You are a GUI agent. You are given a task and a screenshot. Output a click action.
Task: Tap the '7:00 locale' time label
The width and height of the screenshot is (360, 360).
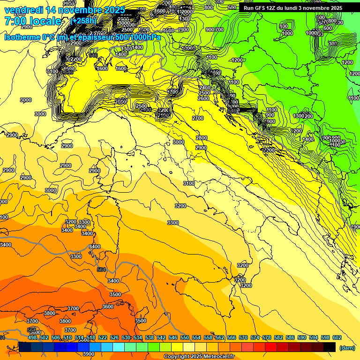pos(33,21)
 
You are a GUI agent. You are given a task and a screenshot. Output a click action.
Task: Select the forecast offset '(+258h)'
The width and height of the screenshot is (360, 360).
pos(83,21)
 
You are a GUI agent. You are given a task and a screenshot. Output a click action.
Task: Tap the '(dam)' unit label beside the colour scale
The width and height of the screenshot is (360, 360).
pos(347,347)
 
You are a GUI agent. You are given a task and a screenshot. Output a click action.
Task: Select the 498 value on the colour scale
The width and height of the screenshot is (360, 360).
pos(32,337)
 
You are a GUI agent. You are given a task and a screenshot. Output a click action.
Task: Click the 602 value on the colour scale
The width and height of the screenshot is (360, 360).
pos(337,337)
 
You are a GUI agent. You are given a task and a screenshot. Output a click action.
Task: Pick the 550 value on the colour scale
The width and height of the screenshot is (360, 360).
pos(185,337)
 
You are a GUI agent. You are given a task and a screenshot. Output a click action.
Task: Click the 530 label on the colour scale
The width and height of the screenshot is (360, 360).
pos(126,337)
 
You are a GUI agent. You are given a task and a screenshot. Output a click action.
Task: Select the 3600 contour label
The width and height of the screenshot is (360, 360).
pos(108,307)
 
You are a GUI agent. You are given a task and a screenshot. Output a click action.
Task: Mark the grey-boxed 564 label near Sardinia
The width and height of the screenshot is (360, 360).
pos(101,270)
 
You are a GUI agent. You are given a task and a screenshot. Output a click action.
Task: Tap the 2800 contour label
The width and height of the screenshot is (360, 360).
pos(201,138)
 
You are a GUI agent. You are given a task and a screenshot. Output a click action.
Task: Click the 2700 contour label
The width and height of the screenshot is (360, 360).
pos(198,119)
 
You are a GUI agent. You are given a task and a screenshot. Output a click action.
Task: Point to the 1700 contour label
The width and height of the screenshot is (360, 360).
pos(173,92)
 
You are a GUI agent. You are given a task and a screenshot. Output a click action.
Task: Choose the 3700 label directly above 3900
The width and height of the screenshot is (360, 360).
pos(71,330)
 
